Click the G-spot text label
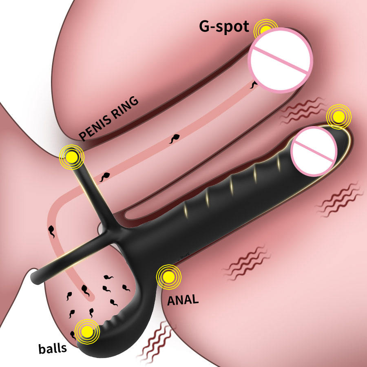[x=223, y=27]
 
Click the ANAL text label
[x=183, y=300]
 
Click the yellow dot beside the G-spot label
[x=264, y=29]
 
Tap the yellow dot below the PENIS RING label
[x=72, y=155]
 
